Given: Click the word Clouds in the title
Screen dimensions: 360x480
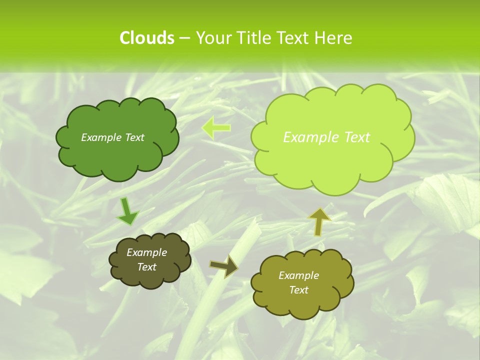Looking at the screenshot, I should pyautogui.click(x=146, y=38).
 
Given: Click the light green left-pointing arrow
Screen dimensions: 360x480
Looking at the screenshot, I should pyautogui.click(x=216, y=127).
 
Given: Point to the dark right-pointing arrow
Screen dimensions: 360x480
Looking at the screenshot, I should pyautogui.click(x=224, y=266).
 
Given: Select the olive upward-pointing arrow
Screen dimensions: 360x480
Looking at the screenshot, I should pyautogui.click(x=318, y=221).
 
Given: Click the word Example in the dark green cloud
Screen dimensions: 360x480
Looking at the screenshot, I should pyautogui.click(x=100, y=137).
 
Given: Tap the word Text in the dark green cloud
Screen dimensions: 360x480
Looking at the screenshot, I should pyautogui.click(x=133, y=137).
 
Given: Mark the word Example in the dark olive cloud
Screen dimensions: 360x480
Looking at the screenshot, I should pyautogui.click(x=146, y=252).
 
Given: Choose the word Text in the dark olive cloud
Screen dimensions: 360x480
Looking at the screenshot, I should pyautogui.click(x=146, y=267).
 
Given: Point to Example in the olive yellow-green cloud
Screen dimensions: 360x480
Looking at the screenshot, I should pyautogui.click(x=298, y=275).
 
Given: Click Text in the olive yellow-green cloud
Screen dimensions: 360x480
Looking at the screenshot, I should pyautogui.click(x=298, y=290).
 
